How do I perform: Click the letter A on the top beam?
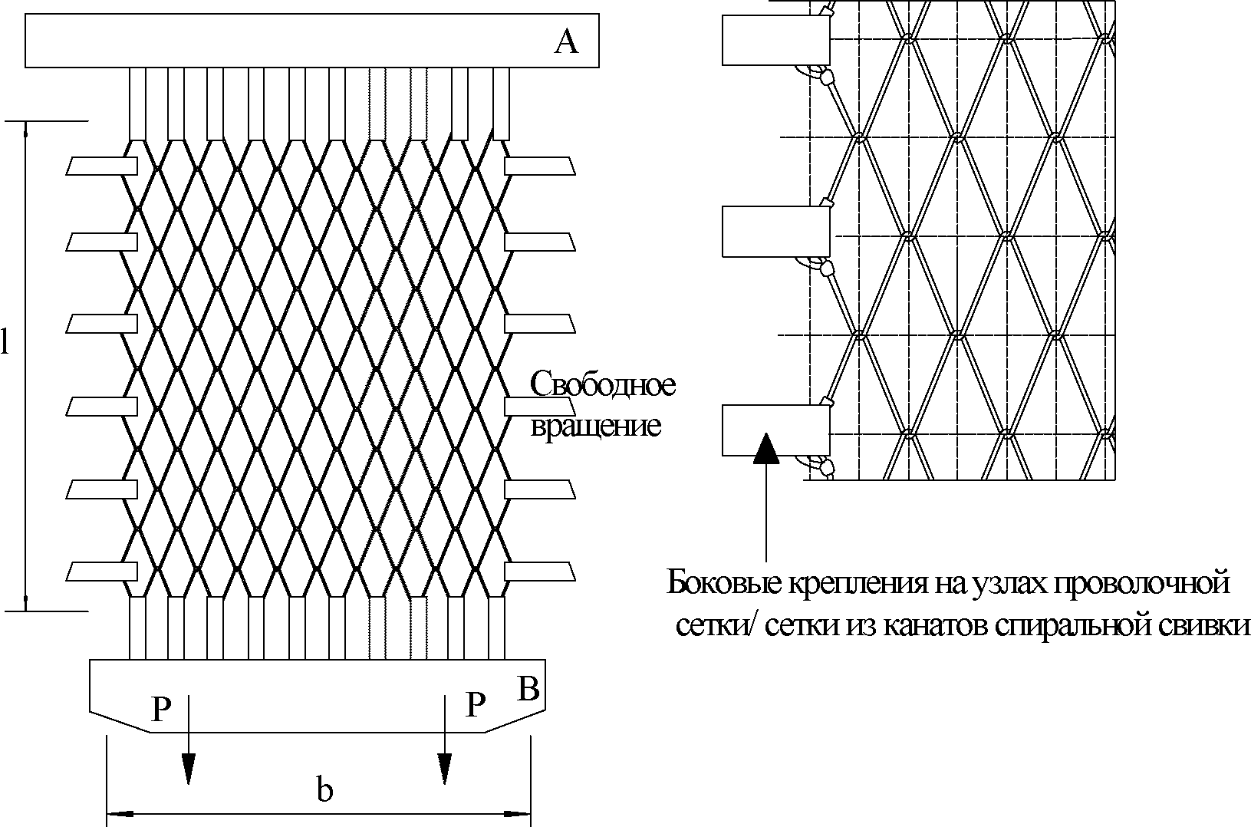(x=566, y=42)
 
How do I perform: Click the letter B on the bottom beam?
(x=528, y=689)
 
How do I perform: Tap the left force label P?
(x=160, y=710)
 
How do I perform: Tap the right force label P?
(x=476, y=704)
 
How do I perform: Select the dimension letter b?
(x=325, y=790)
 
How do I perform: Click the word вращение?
(x=596, y=425)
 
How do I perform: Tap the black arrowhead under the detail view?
(x=765, y=450)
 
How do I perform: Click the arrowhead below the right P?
(x=444, y=768)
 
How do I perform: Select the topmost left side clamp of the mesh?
(x=102, y=166)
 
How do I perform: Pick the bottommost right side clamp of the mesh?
(x=539, y=571)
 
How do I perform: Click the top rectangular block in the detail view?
(x=775, y=40)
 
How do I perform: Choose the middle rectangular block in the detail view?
(x=775, y=232)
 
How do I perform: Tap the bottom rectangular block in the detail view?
(x=775, y=430)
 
